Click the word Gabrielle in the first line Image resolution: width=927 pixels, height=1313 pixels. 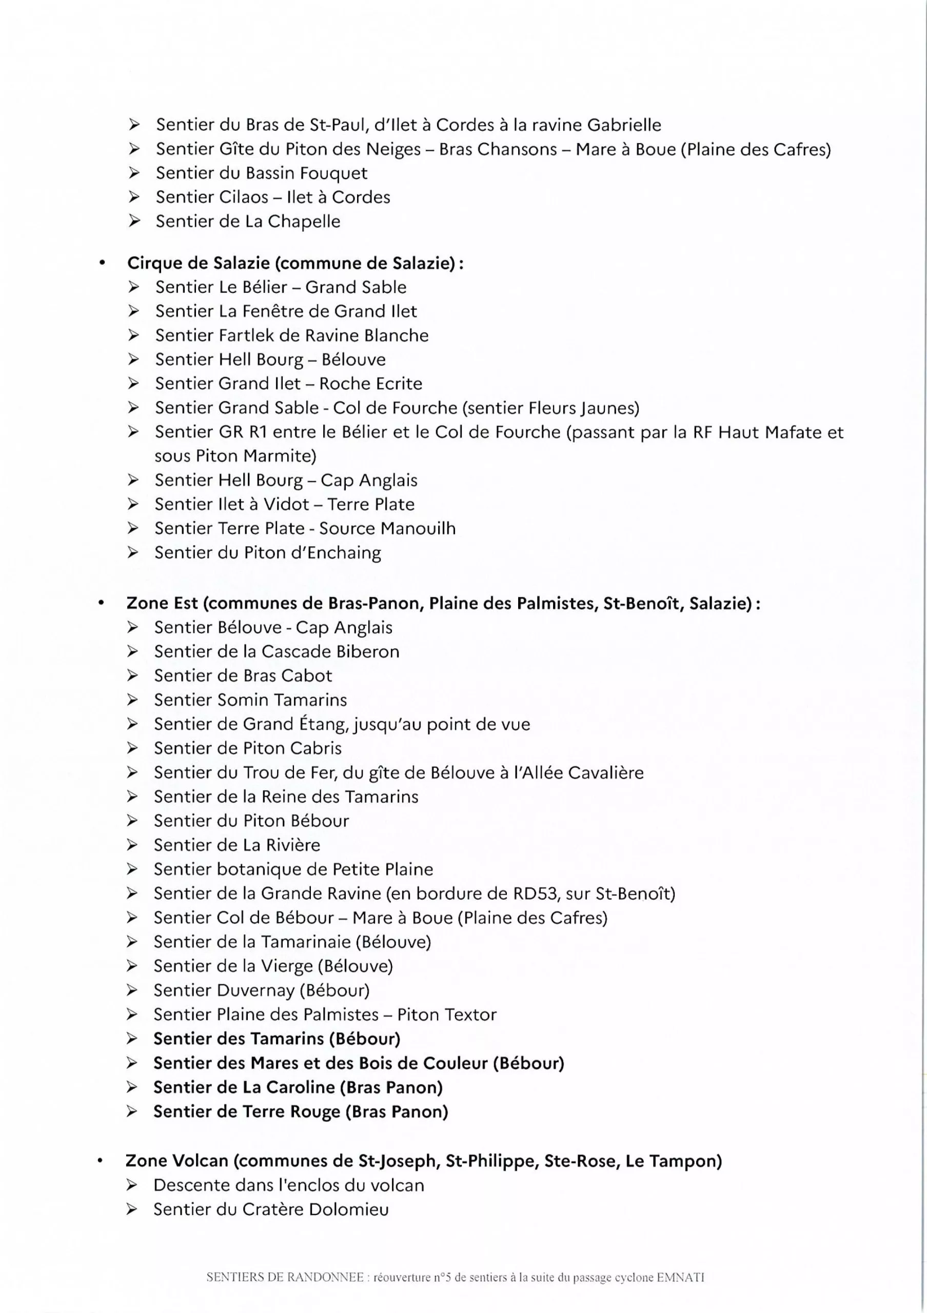624,125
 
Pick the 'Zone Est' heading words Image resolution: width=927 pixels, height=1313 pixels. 162,603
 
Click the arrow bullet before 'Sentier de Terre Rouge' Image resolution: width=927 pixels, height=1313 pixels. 132,1112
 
